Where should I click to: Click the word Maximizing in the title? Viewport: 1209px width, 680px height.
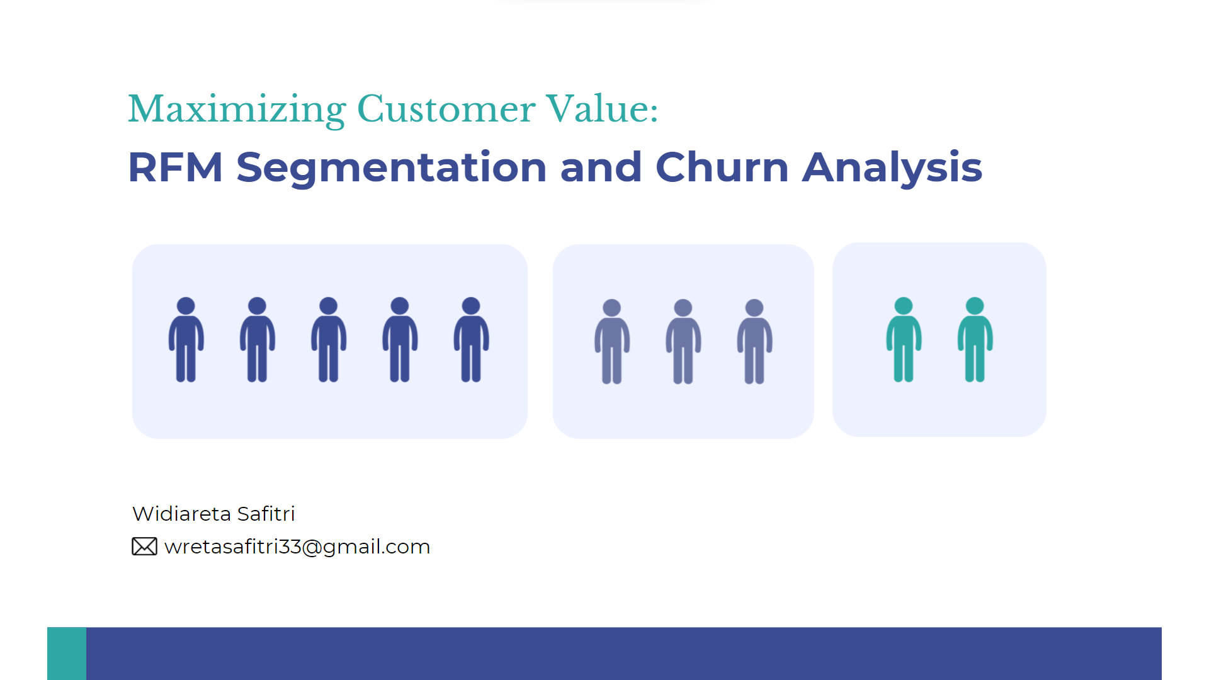(237, 110)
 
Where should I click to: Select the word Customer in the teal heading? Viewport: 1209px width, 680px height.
(446, 109)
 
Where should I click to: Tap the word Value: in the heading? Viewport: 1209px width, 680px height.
(602, 108)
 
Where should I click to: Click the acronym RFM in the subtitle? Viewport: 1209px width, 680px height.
(176, 167)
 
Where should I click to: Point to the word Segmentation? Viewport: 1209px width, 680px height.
(392, 168)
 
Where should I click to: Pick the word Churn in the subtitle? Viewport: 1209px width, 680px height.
(722, 167)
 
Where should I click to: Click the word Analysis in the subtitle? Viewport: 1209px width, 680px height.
(892, 168)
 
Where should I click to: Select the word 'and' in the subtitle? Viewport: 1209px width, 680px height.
(601, 167)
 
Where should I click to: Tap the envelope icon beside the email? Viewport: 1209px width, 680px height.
(144, 547)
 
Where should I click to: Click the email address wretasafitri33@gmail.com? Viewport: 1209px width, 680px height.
(297, 547)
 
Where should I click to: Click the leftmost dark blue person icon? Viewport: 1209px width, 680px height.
(186, 339)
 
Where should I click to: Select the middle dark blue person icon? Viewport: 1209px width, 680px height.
(329, 339)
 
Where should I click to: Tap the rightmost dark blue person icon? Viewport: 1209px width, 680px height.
(471, 339)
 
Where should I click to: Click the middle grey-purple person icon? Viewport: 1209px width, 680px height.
(683, 341)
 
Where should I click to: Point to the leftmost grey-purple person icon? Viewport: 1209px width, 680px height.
(612, 341)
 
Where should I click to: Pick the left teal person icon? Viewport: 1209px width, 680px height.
(904, 339)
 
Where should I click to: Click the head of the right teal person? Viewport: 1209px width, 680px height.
(975, 306)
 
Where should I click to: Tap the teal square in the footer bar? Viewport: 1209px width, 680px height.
(67, 654)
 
